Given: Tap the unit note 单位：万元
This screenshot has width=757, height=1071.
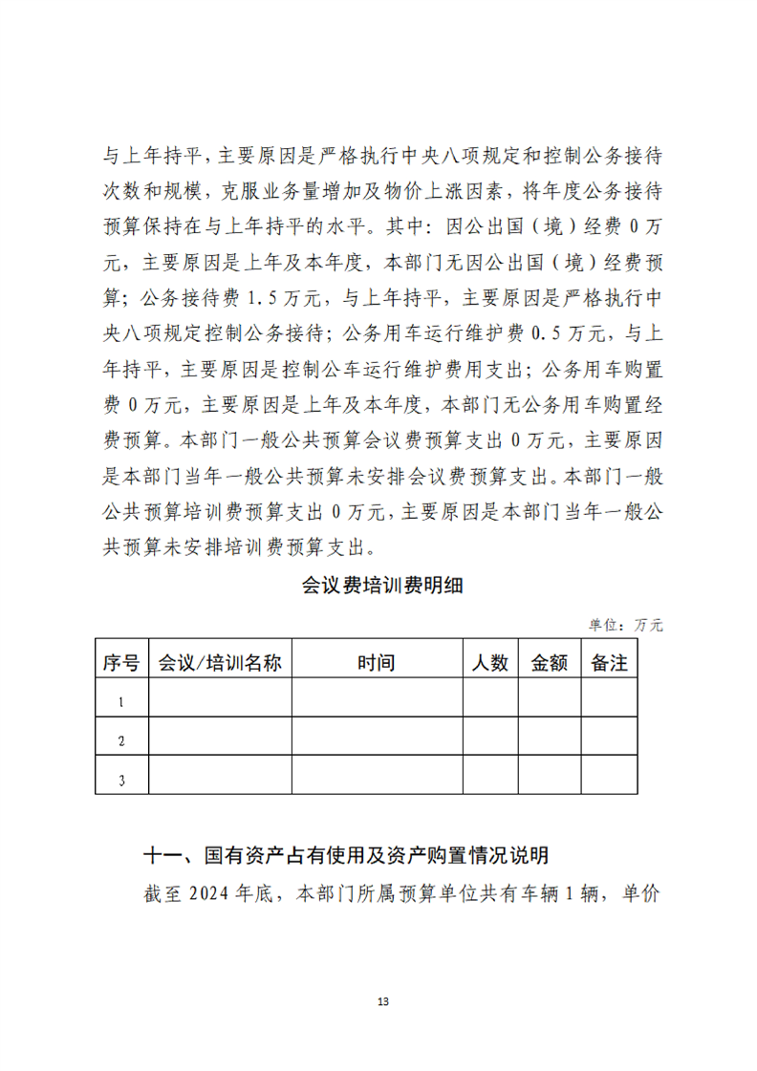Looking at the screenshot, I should tap(625, 625).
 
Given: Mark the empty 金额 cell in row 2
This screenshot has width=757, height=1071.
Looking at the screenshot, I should tap(550, 737).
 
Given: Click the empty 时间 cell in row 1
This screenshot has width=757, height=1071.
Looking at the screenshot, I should tap(377, 698).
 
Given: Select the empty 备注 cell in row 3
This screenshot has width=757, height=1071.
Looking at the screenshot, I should tap(609, 775).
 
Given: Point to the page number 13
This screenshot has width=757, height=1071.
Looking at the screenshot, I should tap(383, 1001).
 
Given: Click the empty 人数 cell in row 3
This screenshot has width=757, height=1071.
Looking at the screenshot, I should tap(490, 775).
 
